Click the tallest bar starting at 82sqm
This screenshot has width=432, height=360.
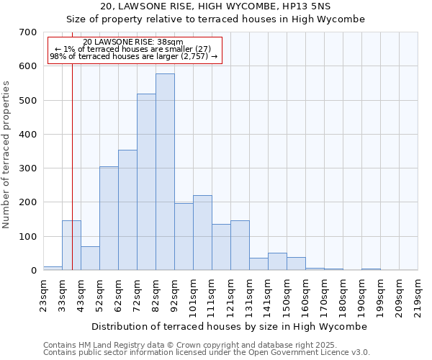165,172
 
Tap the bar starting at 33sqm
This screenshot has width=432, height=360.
71,246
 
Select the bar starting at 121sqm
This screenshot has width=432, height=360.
240,246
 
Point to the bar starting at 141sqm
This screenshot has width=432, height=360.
277,261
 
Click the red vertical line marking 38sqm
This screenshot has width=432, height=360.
73,180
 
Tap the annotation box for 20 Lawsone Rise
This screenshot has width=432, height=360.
134,50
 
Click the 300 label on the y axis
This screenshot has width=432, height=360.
28,168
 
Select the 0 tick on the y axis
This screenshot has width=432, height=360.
33,271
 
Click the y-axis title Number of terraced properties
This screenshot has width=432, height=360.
7,155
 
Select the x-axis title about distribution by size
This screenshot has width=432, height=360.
230,326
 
